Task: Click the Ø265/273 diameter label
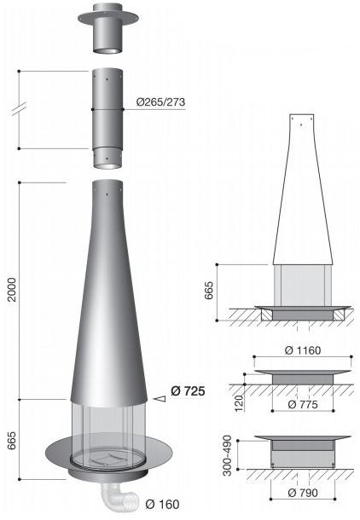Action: pyautogui.click(x=160, y=102)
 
